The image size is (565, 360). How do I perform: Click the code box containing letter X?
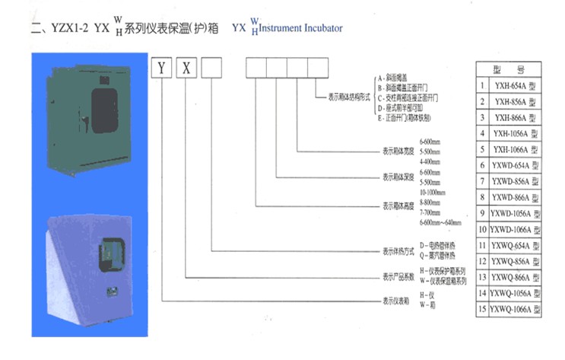pos(186,68)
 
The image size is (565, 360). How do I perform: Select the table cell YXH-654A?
pos(515,87)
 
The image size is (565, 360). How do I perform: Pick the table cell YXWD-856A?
pos(515,180)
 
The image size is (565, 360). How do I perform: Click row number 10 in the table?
pos(482,228)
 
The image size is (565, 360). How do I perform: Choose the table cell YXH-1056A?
pos(515,134)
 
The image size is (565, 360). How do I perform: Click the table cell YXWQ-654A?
pos(515,244)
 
